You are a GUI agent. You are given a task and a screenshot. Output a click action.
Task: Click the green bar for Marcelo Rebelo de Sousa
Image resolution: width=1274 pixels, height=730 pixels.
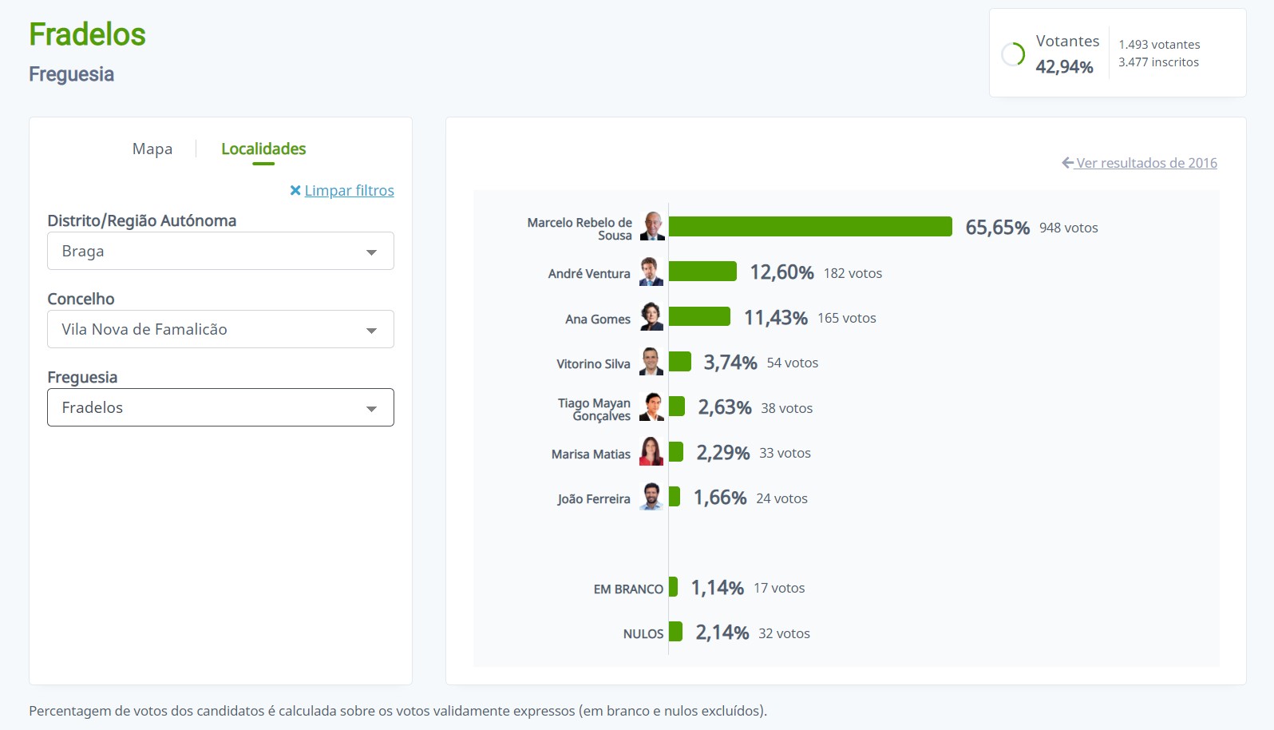click(810, 227)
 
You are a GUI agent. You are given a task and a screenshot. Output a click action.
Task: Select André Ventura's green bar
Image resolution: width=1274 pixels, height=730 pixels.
click(702, 272)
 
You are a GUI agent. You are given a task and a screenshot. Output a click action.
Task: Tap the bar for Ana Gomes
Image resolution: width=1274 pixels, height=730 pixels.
click(699, 317)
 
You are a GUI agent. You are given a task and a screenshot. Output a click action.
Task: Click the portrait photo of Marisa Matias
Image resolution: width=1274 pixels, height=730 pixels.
click(651, 452)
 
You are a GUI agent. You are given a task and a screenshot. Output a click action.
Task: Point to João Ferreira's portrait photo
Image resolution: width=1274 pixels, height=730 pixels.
click(651, 497)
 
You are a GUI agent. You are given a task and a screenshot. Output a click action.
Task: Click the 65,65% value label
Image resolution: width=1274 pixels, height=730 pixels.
click(997, 228)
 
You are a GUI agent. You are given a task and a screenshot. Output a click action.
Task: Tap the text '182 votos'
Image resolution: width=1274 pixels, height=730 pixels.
click(853, 273)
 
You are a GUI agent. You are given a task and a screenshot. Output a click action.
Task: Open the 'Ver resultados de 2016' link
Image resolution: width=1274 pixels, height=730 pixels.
click(1145, 163)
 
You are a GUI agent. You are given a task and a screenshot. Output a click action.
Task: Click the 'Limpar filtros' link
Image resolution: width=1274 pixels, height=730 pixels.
click(349, 191)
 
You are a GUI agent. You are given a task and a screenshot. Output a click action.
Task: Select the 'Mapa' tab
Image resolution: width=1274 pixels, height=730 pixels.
click(152, 149)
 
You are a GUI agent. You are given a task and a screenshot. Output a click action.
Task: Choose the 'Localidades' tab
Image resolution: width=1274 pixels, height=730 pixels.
click(263, 149)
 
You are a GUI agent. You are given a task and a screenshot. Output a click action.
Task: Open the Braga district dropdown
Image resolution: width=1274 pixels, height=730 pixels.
click(220, 252)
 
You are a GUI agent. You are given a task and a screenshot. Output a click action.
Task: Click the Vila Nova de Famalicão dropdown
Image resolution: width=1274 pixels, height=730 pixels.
click(220, 330)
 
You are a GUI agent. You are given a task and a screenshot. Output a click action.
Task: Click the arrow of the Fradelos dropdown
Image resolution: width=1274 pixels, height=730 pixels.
click(371, 409)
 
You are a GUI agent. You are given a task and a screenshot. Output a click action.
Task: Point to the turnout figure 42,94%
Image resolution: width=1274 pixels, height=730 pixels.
click(1064, 67)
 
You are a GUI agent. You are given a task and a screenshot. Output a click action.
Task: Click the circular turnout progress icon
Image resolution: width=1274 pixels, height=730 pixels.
click(1013, 54)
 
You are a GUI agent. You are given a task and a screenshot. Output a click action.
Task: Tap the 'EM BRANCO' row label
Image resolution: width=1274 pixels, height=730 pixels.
click(628, 589)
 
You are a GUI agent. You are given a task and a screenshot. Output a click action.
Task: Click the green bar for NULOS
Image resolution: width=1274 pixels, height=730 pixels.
click(675, 632)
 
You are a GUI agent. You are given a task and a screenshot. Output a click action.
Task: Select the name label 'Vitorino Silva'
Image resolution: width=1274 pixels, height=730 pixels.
click(593, 364)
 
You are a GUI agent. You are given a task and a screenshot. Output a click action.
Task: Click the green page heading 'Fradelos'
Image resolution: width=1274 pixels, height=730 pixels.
click(88, 35)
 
